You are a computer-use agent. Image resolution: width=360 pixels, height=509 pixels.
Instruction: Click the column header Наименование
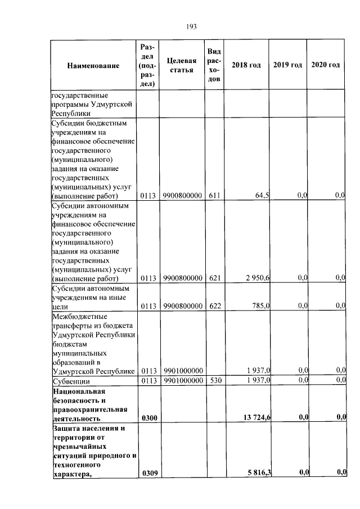point(93,66)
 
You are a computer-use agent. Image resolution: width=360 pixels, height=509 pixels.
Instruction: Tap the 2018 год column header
point(246,65)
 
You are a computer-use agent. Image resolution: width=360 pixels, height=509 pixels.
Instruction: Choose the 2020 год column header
point(326,65)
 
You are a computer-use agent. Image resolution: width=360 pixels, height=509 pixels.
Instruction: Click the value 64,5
point(262,195)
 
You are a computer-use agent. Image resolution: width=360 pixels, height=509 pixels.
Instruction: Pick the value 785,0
point(261,305)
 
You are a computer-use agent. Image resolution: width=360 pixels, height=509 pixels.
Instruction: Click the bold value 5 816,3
point(258,472)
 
